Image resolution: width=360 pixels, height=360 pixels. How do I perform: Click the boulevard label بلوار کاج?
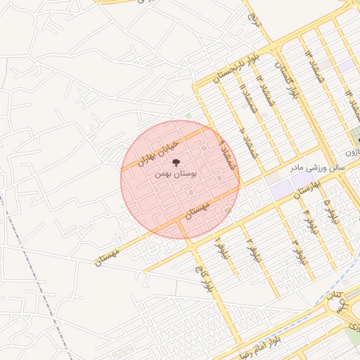point(202,278)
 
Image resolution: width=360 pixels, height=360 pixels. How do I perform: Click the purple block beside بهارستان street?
point(281,188)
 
